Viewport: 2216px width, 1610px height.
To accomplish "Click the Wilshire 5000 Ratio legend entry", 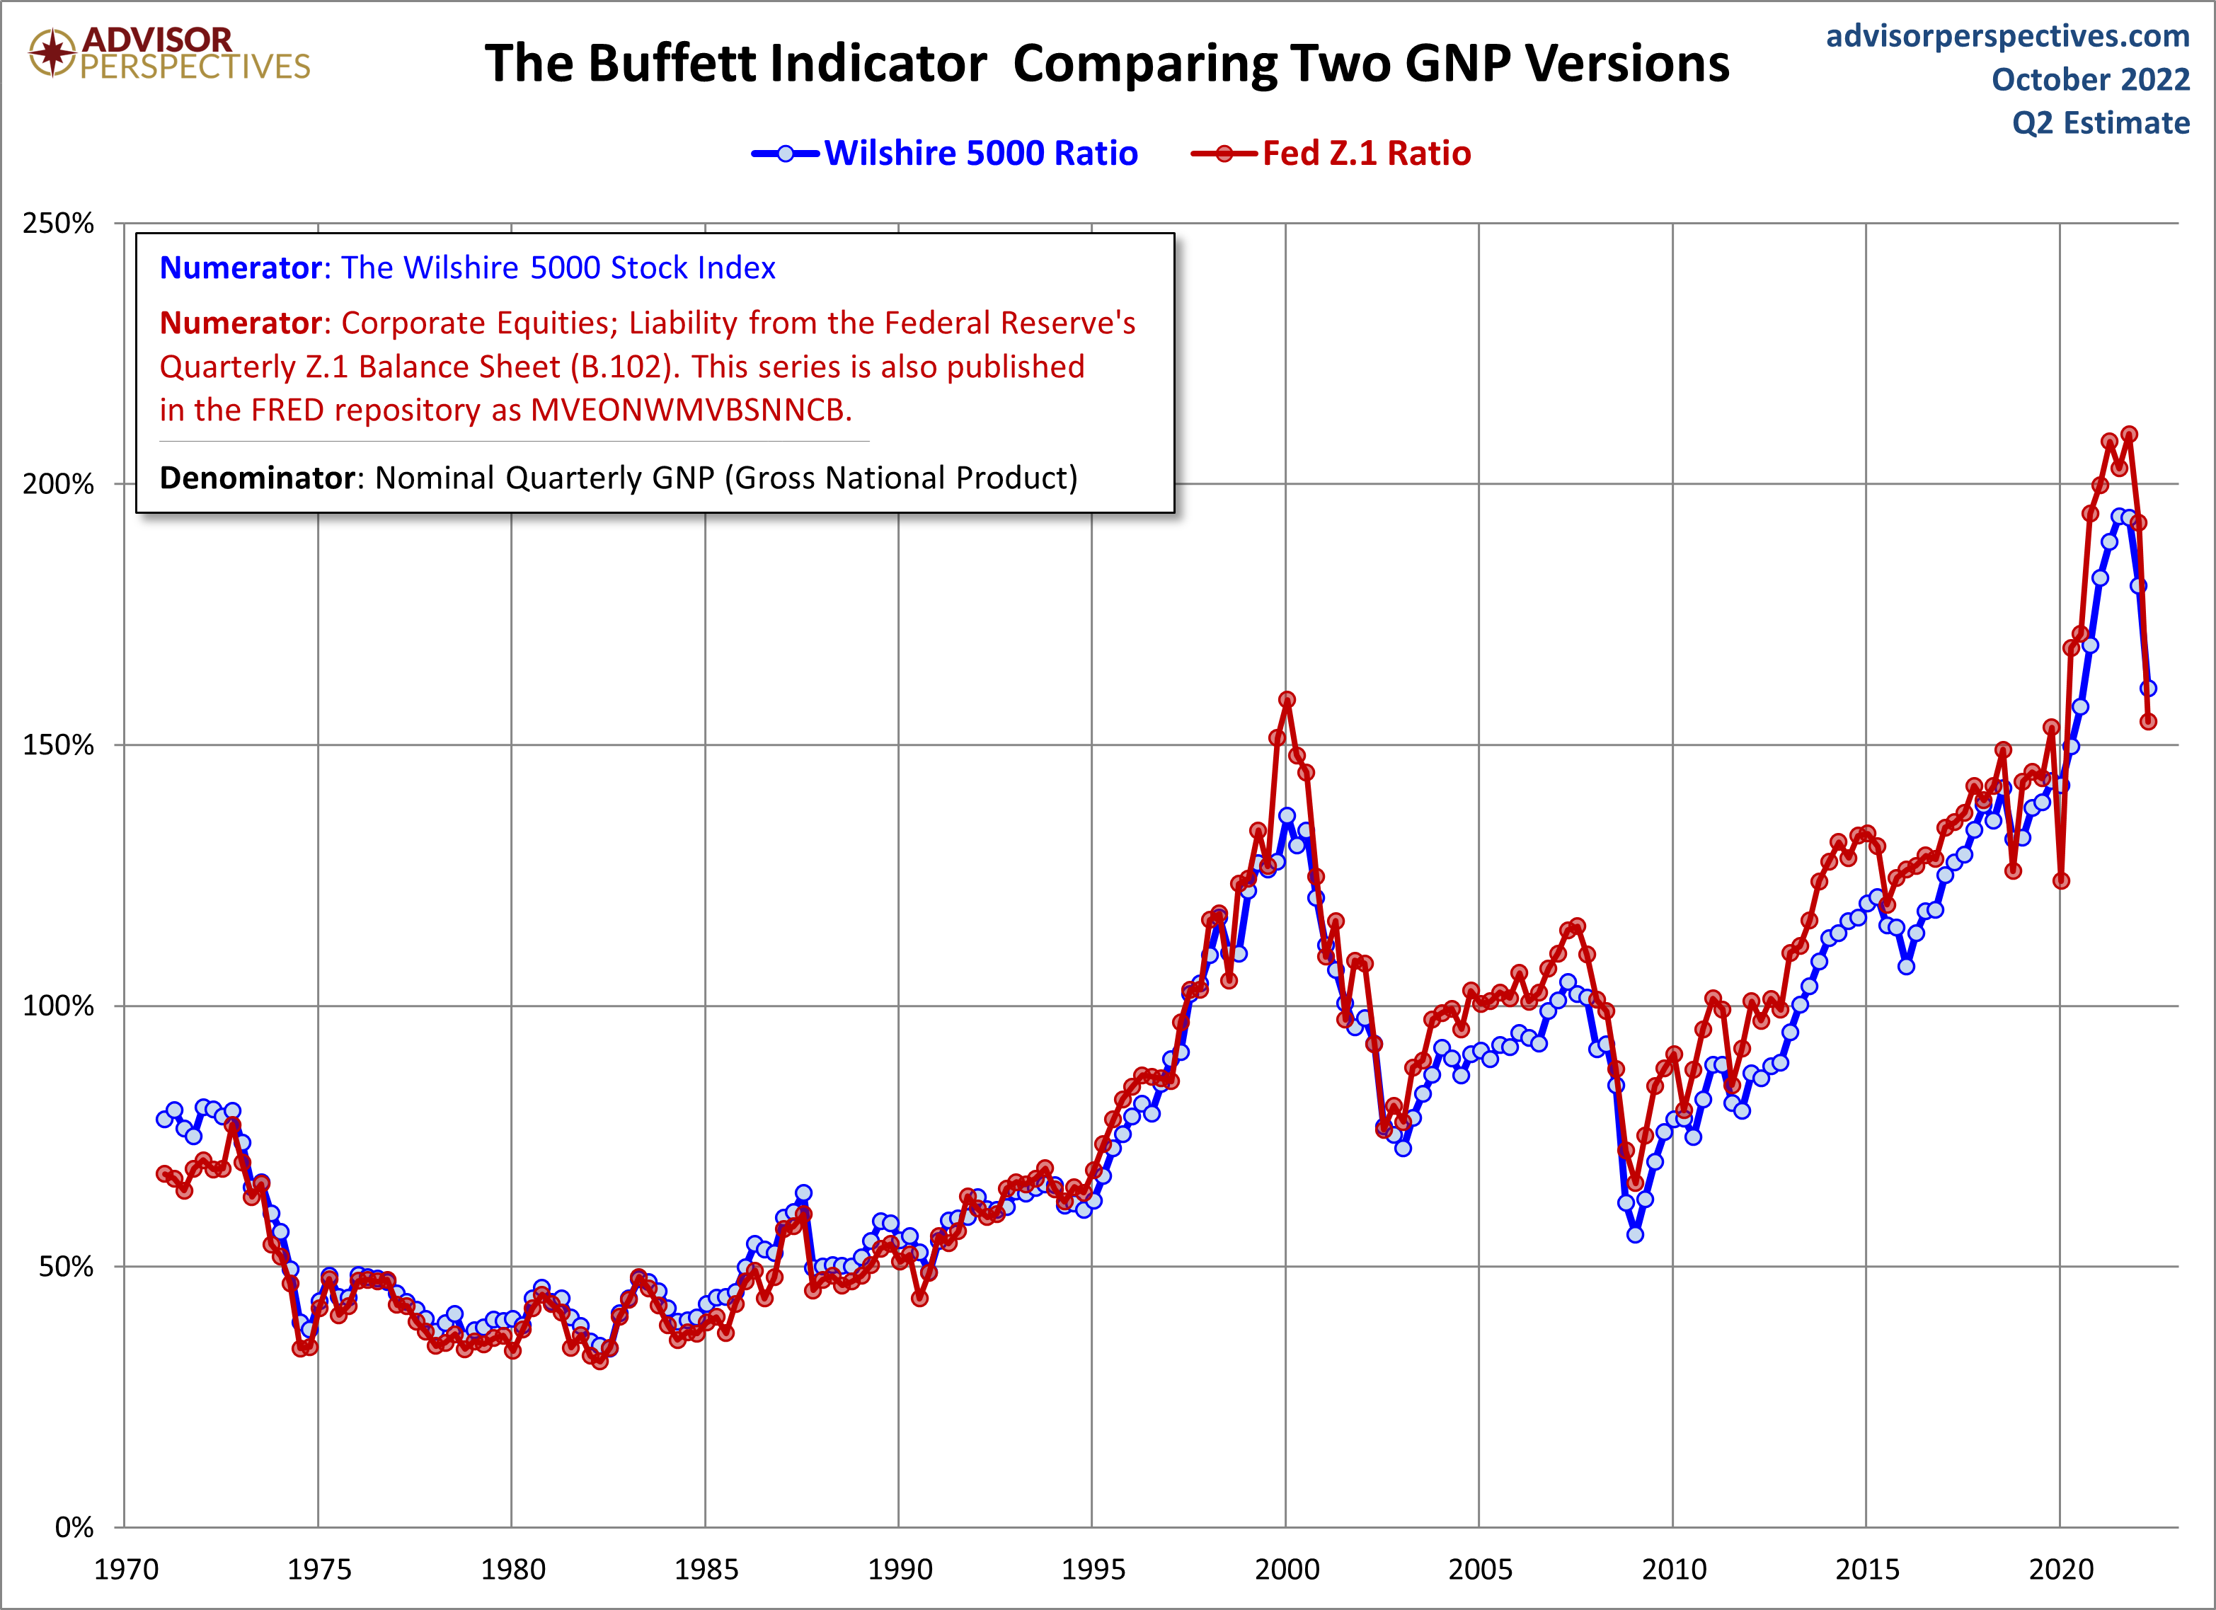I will pyautogui.click(x=980, y=154).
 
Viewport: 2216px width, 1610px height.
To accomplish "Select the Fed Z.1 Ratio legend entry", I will pyautogui.click(x=1365, y=154).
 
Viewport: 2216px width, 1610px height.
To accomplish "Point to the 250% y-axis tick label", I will pyautogui.click(x=59, y=224).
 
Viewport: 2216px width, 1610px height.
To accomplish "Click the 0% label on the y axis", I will pyautogui.click(x=74, y=1528).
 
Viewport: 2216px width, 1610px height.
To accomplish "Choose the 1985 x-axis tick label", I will pyautogui.click(x=706, y=1570).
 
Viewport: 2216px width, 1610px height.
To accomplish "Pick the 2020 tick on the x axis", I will pyautogui.click(x=2060, y=1570).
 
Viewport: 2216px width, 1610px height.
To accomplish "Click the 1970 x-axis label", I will pyautogui.click(x=126, y=1570).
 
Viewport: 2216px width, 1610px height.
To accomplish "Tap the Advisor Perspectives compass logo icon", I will pyautogui.click(x=52, y=52).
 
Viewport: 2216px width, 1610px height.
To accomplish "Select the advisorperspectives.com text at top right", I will pyautogui.click(x=2008, y=36).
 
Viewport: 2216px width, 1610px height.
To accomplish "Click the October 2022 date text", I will pyautogui.click(x=2091, y=80).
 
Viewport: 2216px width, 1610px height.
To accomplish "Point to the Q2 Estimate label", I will pyautogui.click(x=2101, y=124).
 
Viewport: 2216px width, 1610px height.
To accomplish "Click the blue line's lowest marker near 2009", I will pyautogui.click(x=1636, y=1235).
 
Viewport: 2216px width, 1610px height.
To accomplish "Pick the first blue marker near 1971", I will pyautogui.click(x=164, y=1120).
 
